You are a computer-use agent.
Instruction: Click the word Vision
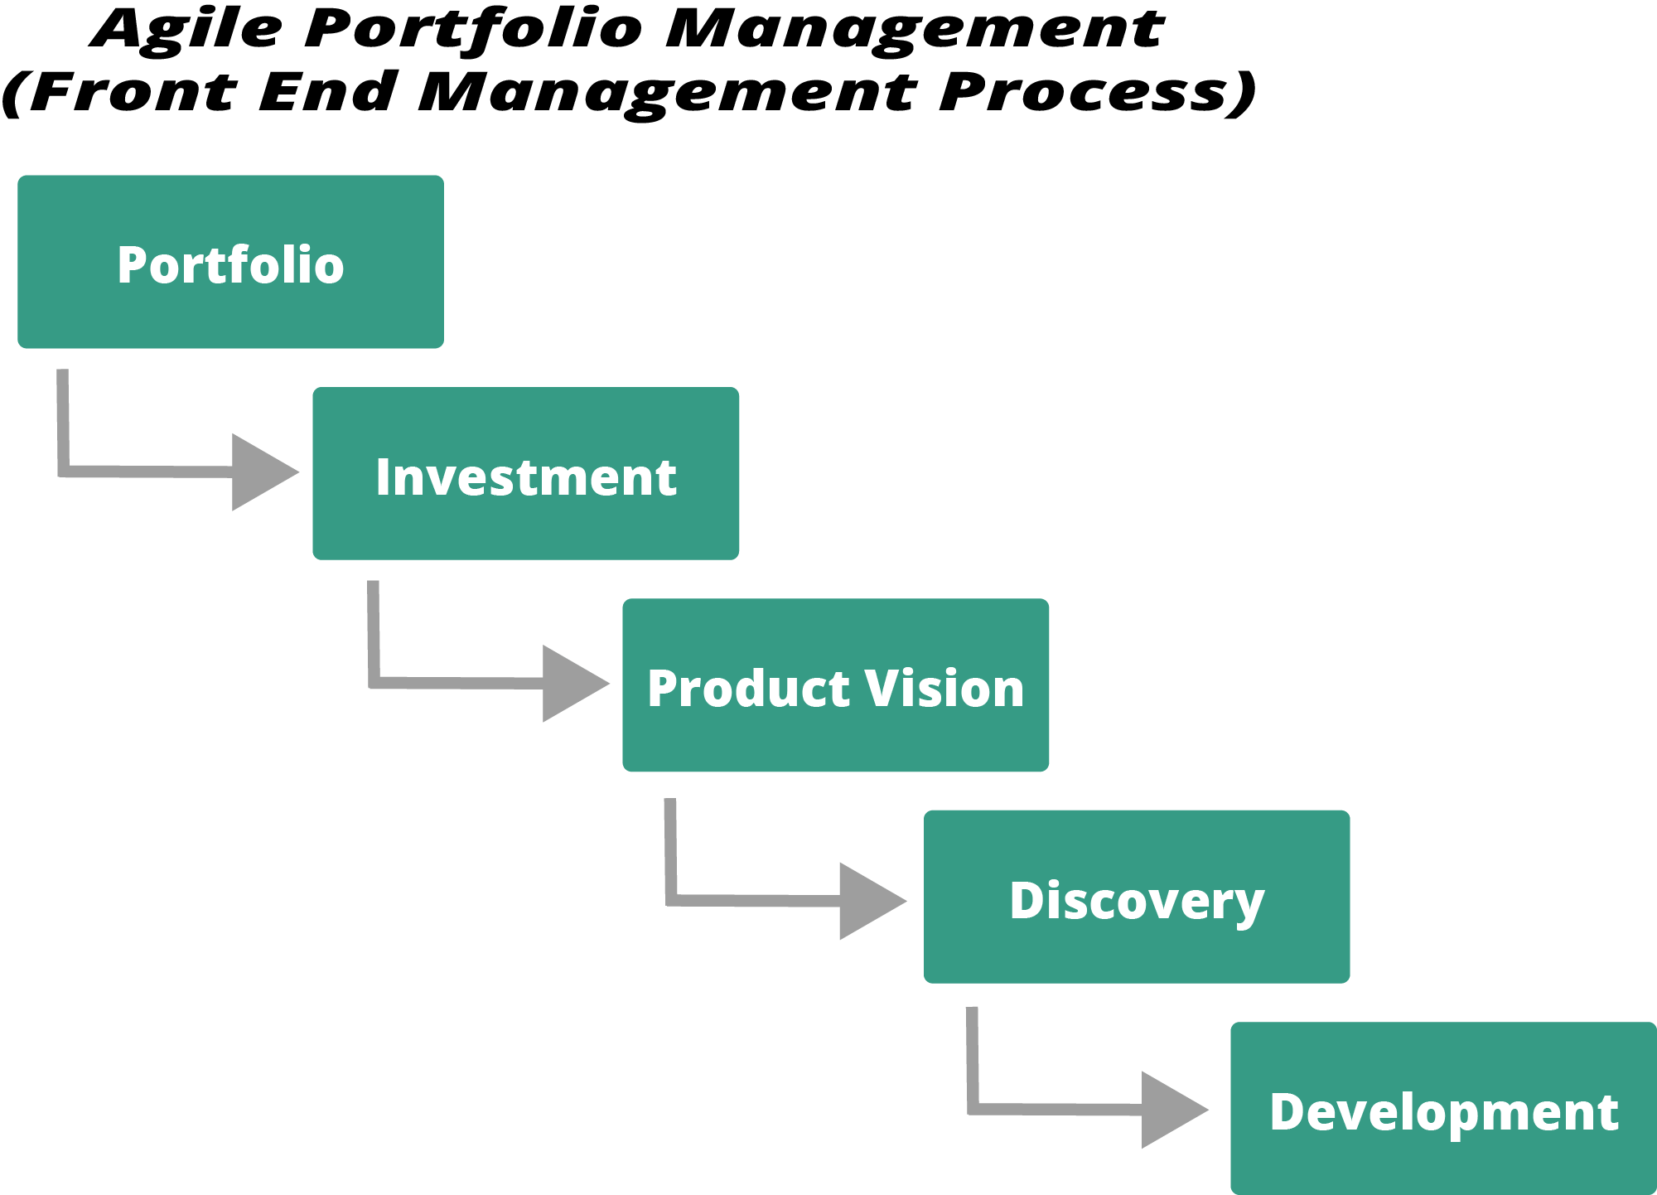point(944,689)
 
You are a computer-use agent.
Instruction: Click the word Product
point(749,689)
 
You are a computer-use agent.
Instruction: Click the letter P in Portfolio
point(133,265)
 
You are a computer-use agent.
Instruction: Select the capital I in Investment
point(383,477)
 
